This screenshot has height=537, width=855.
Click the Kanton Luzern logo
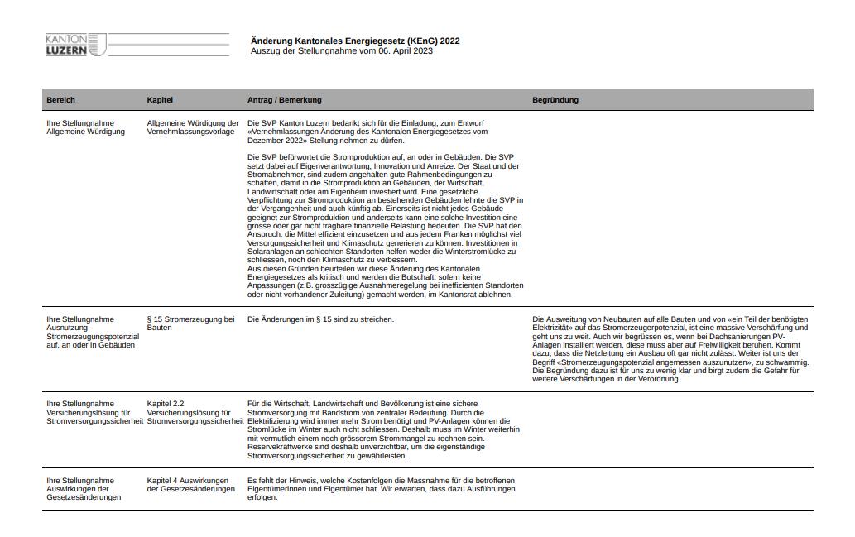pos(76,45)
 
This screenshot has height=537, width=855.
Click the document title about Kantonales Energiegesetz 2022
pos(354,41)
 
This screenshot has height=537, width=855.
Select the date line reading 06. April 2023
pos(341,51)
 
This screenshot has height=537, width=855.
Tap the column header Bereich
pos(60,100)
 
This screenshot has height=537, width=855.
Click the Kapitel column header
pos(160,100)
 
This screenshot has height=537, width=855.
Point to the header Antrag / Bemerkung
pos(284,100)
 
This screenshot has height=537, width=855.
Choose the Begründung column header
pos(555,100)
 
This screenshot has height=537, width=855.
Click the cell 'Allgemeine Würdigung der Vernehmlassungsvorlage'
pos(192,127)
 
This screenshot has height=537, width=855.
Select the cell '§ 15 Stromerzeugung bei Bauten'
pos(190,323)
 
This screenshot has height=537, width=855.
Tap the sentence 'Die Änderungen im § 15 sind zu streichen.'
pos(320,319)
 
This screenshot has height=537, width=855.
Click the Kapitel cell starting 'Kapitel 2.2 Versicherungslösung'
pos(195,412)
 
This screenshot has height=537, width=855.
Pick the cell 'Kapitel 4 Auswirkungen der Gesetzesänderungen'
pos(190,485)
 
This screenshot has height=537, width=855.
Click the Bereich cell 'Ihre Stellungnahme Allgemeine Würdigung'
pos(80,127)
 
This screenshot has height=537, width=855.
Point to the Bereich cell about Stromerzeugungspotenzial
pos(93,332)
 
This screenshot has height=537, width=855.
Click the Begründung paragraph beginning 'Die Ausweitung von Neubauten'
pos(670,349)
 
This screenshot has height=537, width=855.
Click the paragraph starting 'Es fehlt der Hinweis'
pos(381,489)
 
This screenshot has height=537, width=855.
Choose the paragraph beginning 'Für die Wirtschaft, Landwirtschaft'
pos(383,429)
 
